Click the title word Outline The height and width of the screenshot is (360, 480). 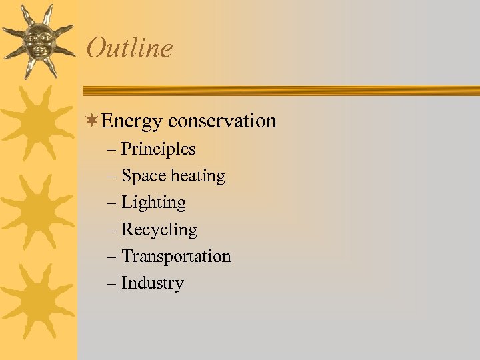point(129,48)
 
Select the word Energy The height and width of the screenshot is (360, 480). point(132,122)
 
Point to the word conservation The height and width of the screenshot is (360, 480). point(222,121)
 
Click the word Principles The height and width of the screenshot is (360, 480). point(158,149)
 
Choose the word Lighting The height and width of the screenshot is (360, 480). point(153,203)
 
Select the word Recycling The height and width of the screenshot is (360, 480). point(159,231)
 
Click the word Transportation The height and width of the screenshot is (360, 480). point(176,257)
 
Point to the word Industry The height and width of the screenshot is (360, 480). point(152,283)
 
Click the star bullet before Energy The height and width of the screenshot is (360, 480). point(93,121)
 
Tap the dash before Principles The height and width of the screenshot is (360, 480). point(111,150)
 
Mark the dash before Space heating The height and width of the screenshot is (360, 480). point(111,177)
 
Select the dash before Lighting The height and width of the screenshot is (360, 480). point(111,203)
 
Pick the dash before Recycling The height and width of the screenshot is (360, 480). point(111,231)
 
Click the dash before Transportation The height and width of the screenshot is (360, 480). point(111,257)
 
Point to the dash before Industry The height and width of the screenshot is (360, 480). point(111,284)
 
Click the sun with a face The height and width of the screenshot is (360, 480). point(37,41)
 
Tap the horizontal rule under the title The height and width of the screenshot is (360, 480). point(280,91)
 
